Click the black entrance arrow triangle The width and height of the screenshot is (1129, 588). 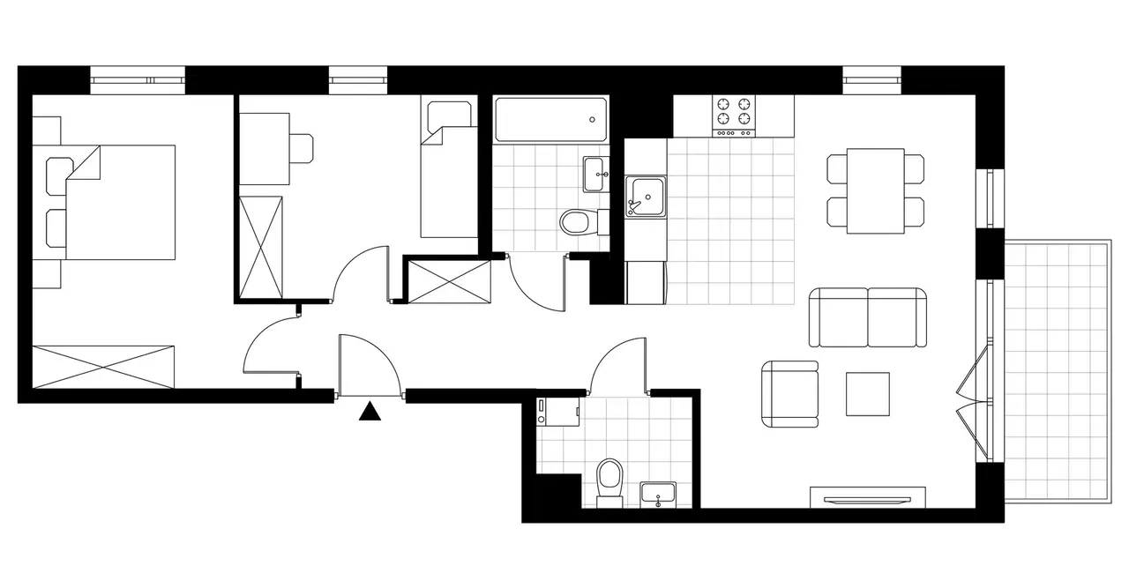[370, 411]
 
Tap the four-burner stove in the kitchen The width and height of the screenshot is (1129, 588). [734, 115]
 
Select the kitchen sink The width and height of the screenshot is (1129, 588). [645, 195]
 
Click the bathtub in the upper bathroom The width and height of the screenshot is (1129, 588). [551, 119]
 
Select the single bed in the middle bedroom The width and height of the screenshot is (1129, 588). [448, 181]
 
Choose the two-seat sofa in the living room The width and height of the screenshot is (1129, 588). [869, 317]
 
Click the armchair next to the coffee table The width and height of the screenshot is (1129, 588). [790, 395]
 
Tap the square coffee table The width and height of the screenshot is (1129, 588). [868, 394]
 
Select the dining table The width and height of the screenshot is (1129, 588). [875, 190]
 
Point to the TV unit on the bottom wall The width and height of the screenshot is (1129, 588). [868, 497]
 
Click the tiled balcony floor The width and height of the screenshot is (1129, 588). [1057, 370]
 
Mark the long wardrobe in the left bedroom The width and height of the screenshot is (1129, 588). [103, 367]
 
